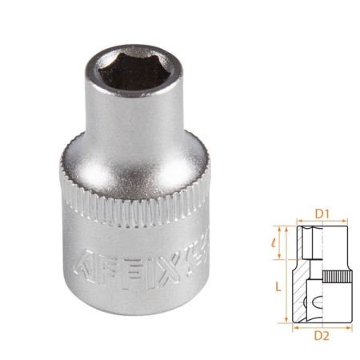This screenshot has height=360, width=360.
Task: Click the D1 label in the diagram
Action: [x=322, y=213]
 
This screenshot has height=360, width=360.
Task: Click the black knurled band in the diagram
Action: [x=339, y=276]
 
